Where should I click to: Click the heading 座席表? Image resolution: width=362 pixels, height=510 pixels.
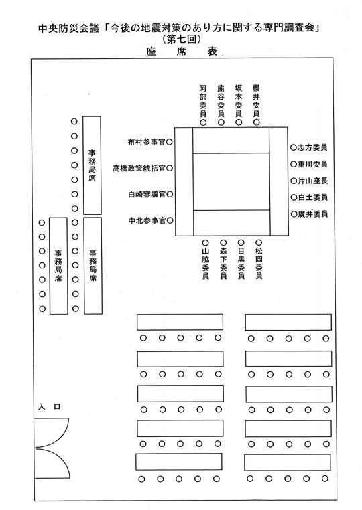tap(182, 52)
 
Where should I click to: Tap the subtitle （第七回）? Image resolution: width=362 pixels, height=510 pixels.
tap(181, 39)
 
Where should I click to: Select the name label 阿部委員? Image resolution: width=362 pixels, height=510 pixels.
tap(203, 101)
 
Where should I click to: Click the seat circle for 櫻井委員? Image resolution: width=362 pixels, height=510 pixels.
tap(257, 122)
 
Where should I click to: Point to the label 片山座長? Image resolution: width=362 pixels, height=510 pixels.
tap(313, 181)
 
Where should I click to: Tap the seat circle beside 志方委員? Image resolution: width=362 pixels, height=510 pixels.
tap(294, 147)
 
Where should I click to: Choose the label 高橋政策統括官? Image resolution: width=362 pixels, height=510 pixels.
tap(139, 169)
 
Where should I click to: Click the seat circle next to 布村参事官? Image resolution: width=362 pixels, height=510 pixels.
tap(170, 142)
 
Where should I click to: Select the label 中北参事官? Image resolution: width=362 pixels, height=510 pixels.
tap(147, 220)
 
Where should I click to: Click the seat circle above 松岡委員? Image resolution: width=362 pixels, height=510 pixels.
tap(259, 242)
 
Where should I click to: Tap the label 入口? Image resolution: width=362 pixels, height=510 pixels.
tap(50, 406)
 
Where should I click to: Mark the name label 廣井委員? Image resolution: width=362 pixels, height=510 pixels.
tap(313, 214)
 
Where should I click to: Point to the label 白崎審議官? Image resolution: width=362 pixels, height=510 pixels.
tap(147, 195)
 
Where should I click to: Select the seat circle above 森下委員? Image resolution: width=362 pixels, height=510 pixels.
tap(223, 243)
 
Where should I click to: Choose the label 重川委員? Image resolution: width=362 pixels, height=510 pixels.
tap(313, 164)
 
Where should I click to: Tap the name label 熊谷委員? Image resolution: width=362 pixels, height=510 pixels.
tap(221, 101)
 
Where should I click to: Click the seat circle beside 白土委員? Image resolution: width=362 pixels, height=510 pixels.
tap(294, 197)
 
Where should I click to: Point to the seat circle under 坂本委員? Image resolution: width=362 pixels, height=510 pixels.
tap(239, 122)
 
